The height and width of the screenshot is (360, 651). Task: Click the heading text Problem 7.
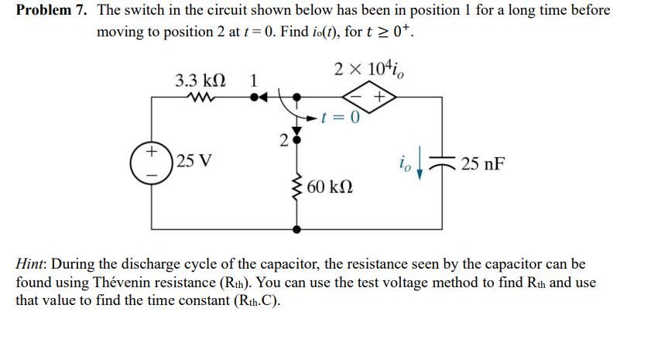pyautogui.click(x=52, y=11)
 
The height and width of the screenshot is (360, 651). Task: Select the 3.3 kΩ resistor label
pyautogui.click(x=200, y=80)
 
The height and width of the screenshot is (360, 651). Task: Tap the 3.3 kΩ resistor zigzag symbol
pyautogui.click(x=202, y=98)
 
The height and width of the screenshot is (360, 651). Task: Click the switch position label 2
pyautogui.click(x=283, y=140)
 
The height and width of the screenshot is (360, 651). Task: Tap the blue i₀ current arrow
pyautogui.click(x=419, y=166)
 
